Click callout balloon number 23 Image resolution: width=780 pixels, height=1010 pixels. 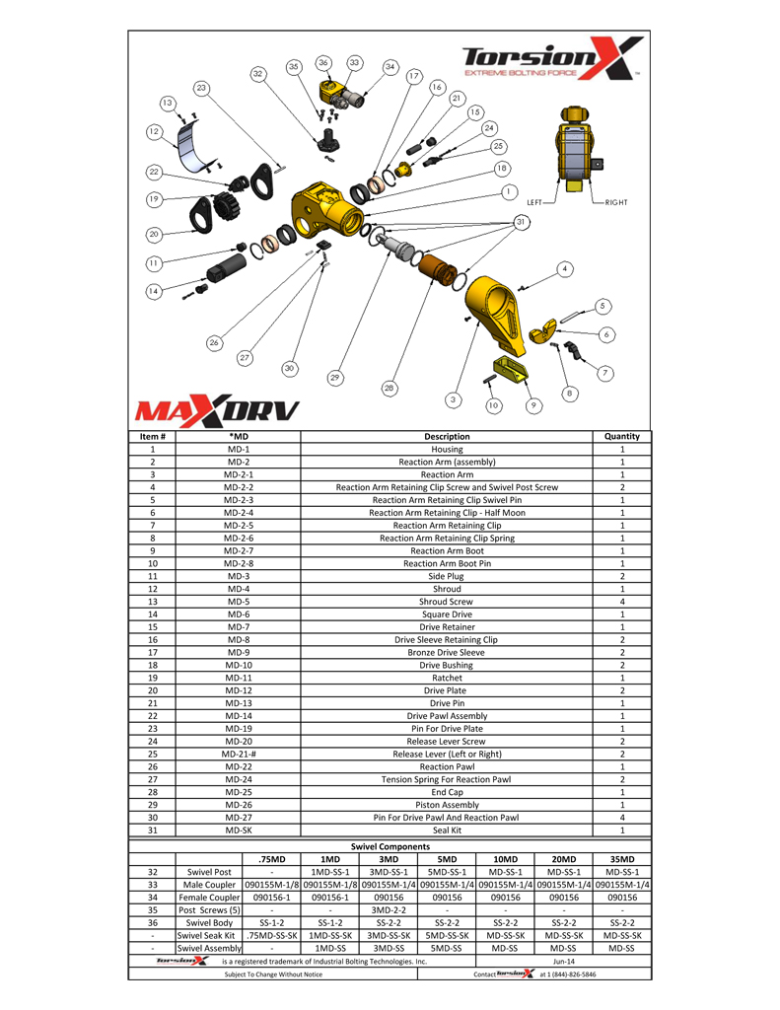point(201,89)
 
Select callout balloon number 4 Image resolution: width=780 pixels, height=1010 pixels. point(564,268)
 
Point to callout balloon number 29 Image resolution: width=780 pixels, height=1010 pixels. point(335,378)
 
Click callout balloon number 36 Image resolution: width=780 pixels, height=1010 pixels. point(323,63)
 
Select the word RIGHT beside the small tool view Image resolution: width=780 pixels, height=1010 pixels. point(616,202)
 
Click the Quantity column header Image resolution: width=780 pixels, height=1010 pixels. point(622,436)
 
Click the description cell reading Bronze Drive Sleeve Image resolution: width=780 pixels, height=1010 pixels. point(446,652)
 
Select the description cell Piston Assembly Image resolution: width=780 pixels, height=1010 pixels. point(446,805)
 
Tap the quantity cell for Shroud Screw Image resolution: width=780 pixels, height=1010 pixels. point(622,602)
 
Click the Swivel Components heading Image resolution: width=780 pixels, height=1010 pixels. point(390,846)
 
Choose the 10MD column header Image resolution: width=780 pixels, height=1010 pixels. point(505,859)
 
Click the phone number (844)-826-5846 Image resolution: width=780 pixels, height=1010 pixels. point(568,974)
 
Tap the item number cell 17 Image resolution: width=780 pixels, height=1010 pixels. point(152,652)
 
